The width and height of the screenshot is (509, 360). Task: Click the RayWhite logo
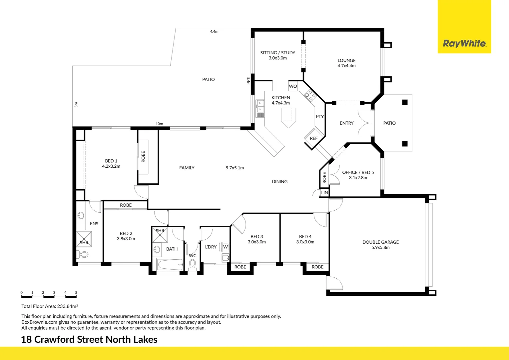click(464, 43)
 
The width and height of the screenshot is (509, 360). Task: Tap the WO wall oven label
click(293, 86)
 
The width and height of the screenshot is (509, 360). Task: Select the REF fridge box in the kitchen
click(313, 138)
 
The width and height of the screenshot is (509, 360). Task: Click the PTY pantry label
click(320, 117)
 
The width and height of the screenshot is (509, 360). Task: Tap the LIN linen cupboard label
click(324, 193)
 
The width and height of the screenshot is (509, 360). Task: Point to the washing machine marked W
click(226, 247)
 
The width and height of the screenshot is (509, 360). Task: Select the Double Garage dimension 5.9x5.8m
click(380, 248)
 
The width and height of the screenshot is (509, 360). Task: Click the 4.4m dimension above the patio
click(214, 32)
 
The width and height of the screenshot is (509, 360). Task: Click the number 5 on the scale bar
click(76, 293)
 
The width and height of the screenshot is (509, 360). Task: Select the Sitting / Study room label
click(277, 53)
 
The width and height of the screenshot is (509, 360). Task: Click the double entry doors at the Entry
click(365, 123)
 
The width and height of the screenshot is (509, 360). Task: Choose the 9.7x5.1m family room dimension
click(235, 168)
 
